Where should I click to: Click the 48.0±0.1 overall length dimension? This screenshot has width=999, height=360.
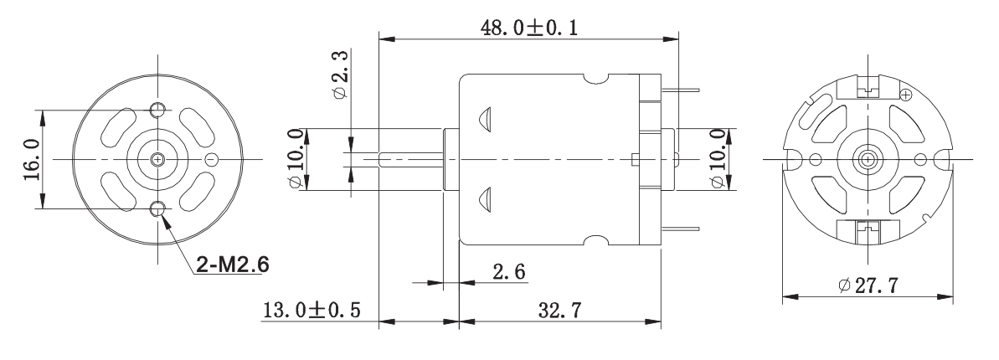point(529,28)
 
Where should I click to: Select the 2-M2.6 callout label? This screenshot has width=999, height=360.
point(232,264)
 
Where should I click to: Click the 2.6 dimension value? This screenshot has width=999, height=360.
point(509,272)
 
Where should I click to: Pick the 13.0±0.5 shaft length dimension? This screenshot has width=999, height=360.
point(312,311)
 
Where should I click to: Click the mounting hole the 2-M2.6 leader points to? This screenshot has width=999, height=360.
point(157,208)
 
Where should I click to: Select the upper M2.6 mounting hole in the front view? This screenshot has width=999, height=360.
point(157,110)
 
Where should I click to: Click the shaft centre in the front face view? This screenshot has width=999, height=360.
point(157,159)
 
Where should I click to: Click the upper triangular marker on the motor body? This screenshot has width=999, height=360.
point(484,119)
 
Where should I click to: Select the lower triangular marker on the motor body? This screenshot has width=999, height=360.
point(484,199)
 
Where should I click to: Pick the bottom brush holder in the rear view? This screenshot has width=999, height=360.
point(868,231)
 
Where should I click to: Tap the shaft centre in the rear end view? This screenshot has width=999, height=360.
point(868,159)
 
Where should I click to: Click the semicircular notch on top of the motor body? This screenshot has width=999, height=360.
point(596,79)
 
